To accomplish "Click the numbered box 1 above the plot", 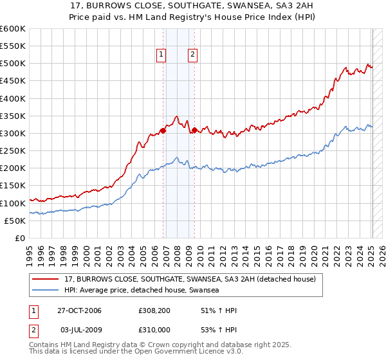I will click(x=160, y=55).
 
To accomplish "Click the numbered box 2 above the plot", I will click(x=192, y=55).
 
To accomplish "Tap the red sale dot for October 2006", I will click(x=163, y=130).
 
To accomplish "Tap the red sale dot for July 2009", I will click(x=194, y=130).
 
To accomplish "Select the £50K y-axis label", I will click(x=15, y=221).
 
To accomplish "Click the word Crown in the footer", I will click(x=153, y=345).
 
